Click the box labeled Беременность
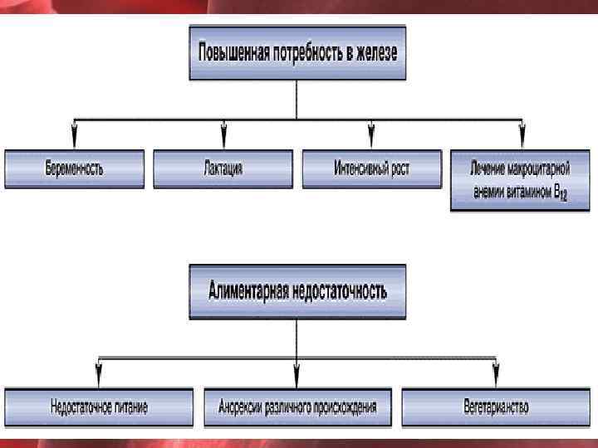click(75, 168)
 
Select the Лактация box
click(223, 168)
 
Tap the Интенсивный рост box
click(371, 168)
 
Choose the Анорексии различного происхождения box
click(297, 407)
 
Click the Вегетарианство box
click(496, 407)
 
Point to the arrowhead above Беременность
click(75, 133)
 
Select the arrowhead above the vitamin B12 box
click(522, 133)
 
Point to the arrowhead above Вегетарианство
click(496, 370)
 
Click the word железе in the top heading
click(375, 52)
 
